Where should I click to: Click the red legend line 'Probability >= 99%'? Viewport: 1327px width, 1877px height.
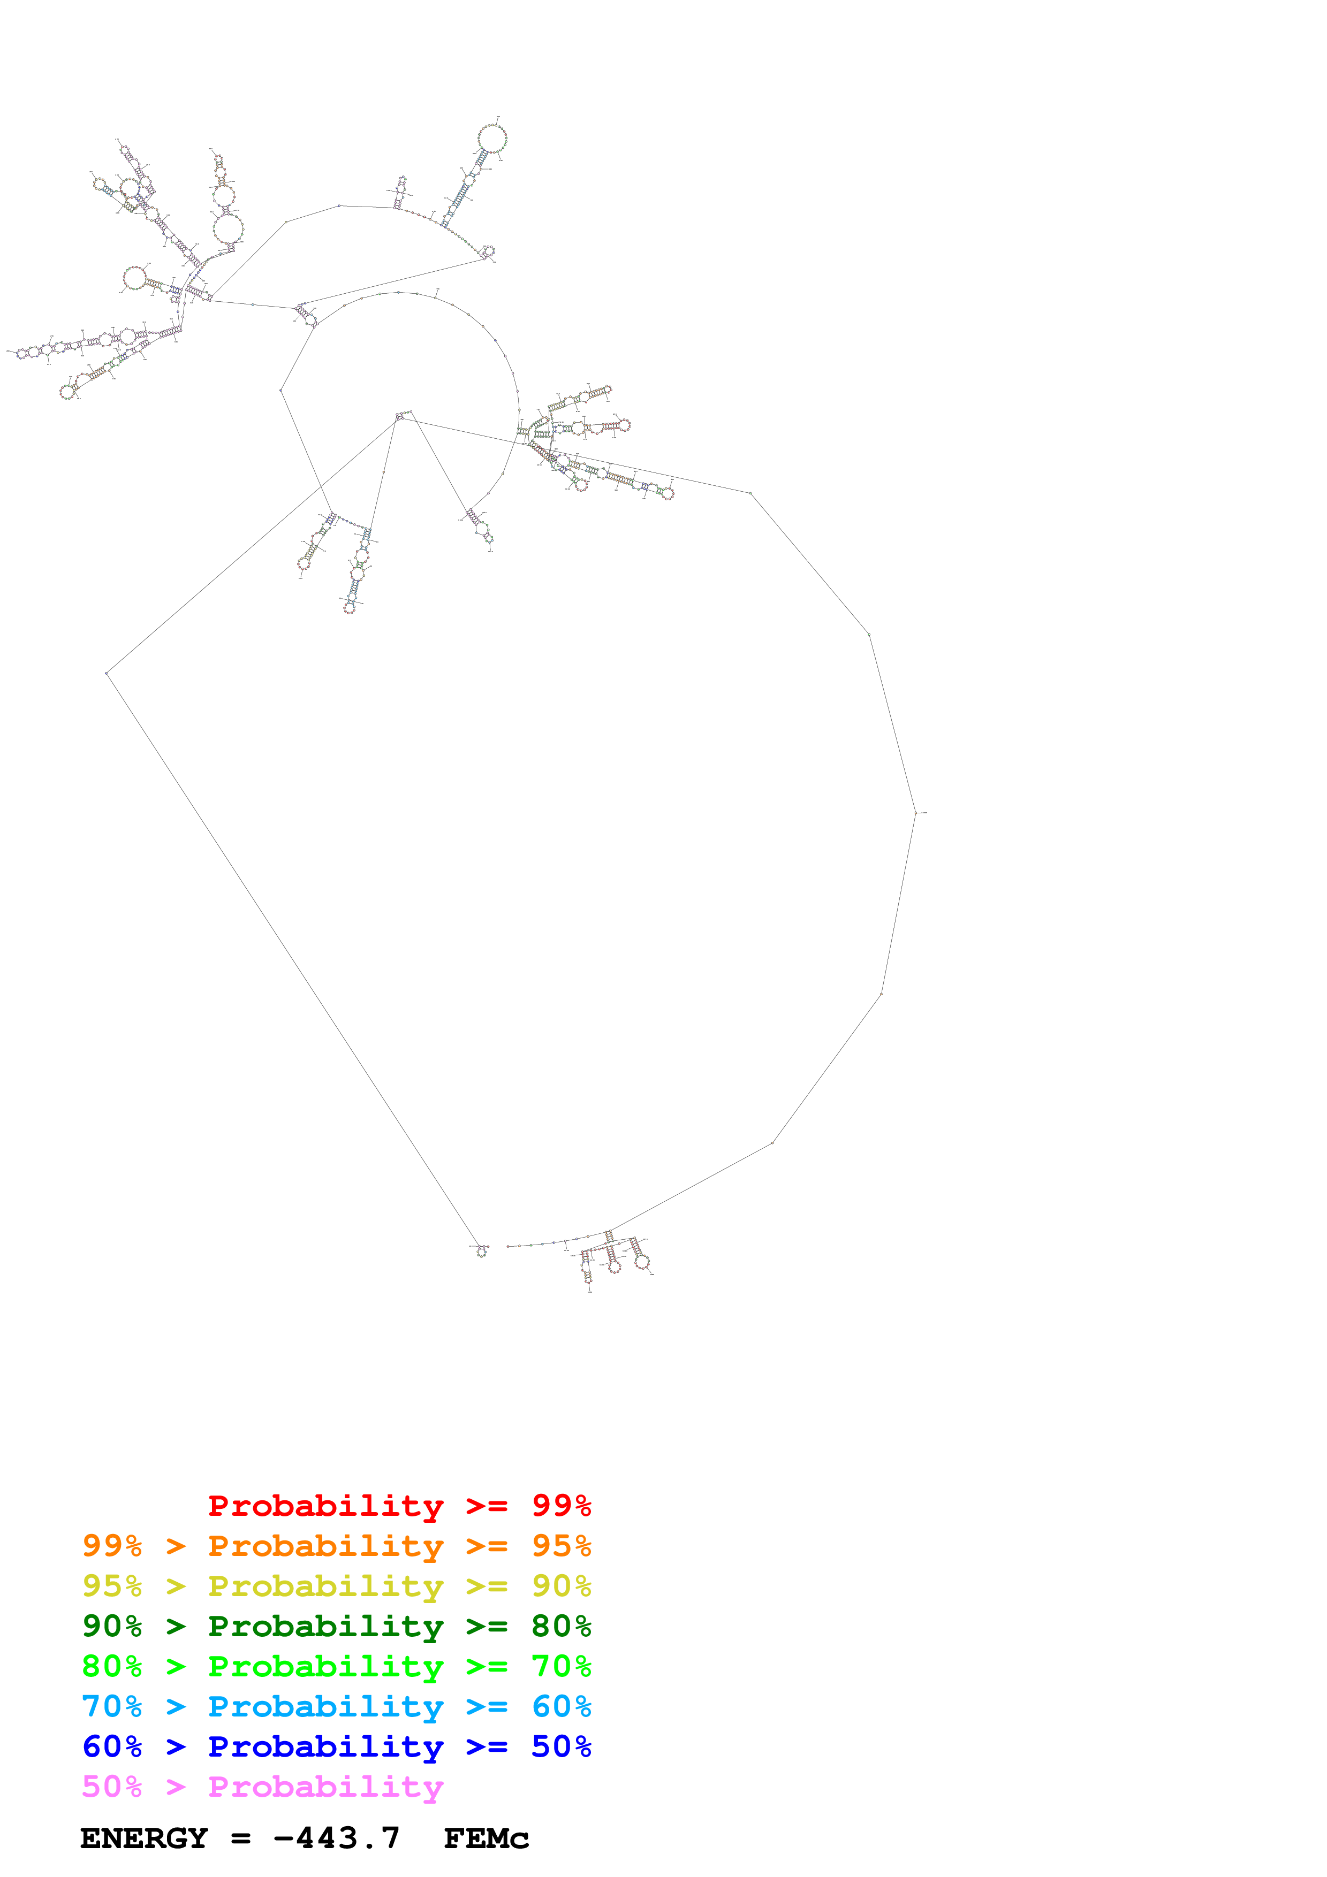(399, 1505)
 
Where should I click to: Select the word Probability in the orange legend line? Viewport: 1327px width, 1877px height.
(325, 1546)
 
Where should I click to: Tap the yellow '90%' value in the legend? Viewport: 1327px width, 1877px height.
(561, 1586)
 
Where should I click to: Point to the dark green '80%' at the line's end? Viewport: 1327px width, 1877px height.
(561, 1626)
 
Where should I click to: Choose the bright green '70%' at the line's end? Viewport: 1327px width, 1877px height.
(561, 1666)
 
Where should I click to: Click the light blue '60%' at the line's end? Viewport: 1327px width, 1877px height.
(561, 1706)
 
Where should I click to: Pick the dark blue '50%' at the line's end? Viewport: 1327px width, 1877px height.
(561, 1746)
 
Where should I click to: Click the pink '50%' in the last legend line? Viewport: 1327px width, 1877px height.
(112, 1786)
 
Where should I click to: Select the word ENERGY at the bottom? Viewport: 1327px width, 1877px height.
(144, 1838)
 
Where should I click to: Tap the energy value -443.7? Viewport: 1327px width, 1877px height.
(337, 1838)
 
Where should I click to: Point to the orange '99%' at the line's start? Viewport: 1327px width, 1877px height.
(112, 1546)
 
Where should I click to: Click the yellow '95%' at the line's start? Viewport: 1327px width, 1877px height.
(112, 1586)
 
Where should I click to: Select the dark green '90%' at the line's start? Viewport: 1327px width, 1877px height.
(112, 1626)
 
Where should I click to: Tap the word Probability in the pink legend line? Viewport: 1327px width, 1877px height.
(325, 1786)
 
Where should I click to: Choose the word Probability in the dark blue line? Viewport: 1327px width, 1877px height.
(325, 1746)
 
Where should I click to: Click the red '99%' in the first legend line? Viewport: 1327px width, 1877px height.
(561, 1505)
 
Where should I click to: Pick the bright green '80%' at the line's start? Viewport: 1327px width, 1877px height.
(112, 1666)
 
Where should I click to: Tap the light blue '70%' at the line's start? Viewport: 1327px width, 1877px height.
(112, 1706)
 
